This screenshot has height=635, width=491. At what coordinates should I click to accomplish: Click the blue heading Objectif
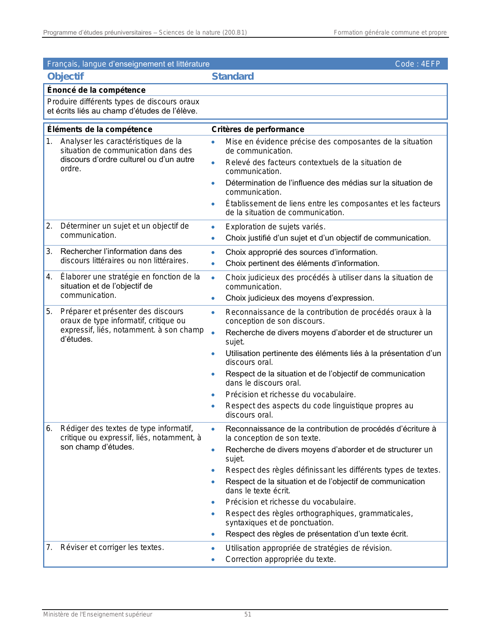[65, 77]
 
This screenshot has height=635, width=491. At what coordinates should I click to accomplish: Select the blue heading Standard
[233, 77]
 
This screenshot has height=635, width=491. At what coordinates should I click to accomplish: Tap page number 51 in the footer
[248, 615]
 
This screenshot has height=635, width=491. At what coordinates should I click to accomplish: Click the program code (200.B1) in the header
[235, 33]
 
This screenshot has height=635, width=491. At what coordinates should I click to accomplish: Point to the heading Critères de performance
[258, 129]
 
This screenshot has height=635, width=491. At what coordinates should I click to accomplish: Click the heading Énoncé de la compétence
[96, 90]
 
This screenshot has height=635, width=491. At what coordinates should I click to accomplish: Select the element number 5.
[49, 311]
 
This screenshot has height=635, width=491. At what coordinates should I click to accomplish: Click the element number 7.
[49, 547]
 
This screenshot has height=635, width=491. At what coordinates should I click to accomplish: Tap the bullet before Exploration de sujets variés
[213, 227]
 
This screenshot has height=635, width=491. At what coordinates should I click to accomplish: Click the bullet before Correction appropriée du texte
[213, 560]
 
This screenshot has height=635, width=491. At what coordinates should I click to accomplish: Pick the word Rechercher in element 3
[79, 252]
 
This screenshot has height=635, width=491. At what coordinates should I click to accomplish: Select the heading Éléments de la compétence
[100, 129]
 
